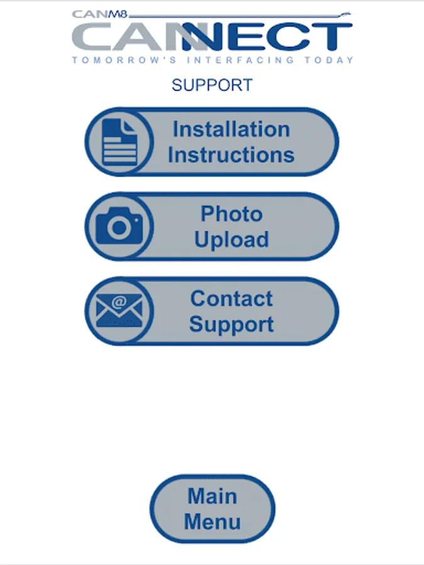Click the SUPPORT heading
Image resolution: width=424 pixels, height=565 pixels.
tap(212, 85)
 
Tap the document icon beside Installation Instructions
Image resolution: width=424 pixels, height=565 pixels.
tap(119, 142)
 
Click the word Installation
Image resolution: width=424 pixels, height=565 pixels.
tap(231, 129)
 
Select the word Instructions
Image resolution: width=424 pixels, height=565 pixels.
tap(231, 155)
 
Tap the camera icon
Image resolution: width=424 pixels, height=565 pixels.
tap(119, 227)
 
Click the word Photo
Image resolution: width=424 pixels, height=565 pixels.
tap(231, 214)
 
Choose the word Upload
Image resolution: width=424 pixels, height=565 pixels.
tap(231, 240)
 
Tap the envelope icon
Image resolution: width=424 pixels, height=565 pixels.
tap(119, 311)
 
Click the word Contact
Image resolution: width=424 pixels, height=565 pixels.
tap(231, 298)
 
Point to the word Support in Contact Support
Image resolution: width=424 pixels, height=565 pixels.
tap(231, 325)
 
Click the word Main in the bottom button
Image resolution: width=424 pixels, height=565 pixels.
tap(212, 496)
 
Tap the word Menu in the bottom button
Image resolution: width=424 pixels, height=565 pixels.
tap(212, 522)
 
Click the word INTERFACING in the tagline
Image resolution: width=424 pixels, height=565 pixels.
tap(239, 60)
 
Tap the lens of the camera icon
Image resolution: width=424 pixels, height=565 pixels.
tap(119, 229)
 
